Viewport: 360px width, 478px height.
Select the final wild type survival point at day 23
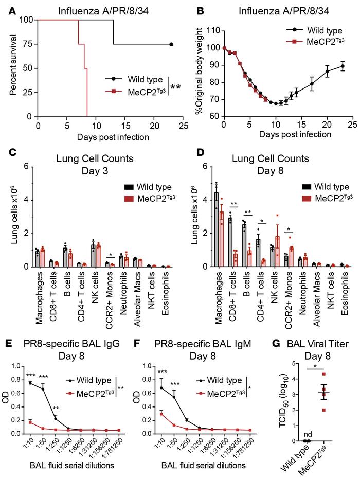(x=171, y=44)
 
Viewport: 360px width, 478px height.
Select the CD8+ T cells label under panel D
(x=232, y=290)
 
